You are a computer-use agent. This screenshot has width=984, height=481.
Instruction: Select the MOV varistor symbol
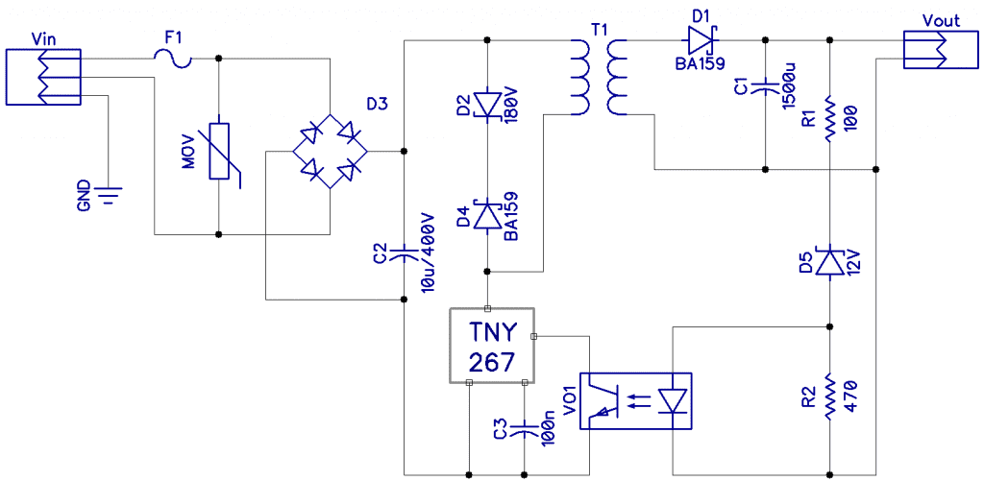click(x=221, y=152)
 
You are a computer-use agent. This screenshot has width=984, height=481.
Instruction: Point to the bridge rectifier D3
click(x=331, y=151)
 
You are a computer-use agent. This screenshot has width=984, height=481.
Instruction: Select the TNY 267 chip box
click(x=492, y=346)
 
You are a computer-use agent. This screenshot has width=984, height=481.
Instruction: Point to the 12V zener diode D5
click(x=829, y=261)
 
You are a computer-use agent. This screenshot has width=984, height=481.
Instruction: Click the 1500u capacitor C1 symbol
click(x=765, y=87)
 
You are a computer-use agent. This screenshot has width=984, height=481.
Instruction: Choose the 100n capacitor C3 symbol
click(x=525, y=429)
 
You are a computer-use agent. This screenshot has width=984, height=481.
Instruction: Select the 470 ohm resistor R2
click(x=829, y=396)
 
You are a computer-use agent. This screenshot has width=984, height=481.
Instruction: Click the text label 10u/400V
click(x=429, y=252)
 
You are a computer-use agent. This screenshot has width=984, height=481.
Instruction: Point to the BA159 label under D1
click(x=700, y=63)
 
